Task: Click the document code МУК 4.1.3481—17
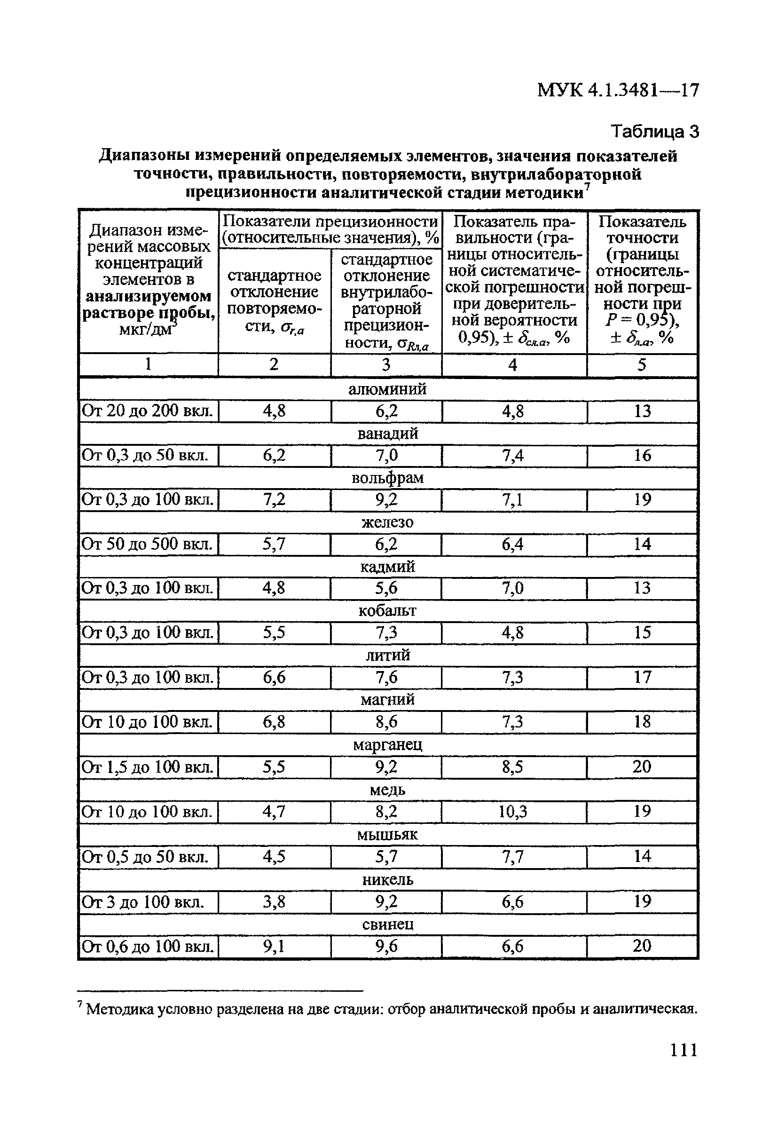[x=618, y=91]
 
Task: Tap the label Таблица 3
[x=655, y=131]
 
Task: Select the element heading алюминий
[x=387, y=389]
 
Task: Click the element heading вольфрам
[x=387, y=478]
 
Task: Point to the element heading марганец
[x=387, y=745]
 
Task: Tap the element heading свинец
[x=387, y=924]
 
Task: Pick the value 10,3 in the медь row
[x=512, y=812]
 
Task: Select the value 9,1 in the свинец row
[x=274, y=946]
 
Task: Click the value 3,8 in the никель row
[x=274, y=901]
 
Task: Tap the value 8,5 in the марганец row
[x=512, y=767]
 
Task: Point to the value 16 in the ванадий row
[x=642, y=455]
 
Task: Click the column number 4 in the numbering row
[x=512, y=365]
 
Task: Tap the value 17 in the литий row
[x=642, y=677]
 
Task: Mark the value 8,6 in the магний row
[x=386, y=722]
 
